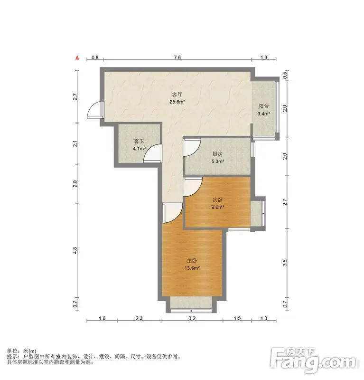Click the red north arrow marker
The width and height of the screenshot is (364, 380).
[x=77, y=57]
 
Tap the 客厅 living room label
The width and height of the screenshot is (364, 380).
[x=177, y=95]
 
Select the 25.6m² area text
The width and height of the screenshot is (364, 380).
[x=177, y=102]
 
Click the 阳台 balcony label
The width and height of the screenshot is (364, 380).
[x=263, y=106]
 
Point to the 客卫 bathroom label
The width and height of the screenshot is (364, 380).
[x=139, y=141]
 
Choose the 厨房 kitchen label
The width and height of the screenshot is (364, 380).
[x=217, y=154]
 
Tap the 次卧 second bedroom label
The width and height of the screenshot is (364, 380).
[x=217, y=200]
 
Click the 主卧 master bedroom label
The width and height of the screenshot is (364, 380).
[x=192, y=261]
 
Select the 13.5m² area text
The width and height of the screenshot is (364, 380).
[x=192, y=268]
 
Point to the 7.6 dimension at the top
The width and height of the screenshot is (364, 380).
[x=177, y=57]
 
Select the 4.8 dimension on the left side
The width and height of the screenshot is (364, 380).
[x=75, y=250]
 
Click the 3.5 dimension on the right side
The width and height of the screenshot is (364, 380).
[x=285, y=263]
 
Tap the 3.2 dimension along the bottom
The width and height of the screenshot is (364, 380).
[x=192, y=318]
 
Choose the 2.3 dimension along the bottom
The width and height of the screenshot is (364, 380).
[x=139, y=318]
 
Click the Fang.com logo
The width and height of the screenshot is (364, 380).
[x=313, y=361]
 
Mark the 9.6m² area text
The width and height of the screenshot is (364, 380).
[x=217, y=207]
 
